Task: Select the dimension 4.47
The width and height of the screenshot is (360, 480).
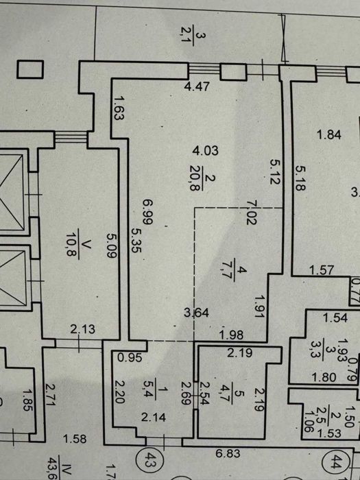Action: coord(197,86)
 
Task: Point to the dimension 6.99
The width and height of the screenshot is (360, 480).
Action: coord(147,211)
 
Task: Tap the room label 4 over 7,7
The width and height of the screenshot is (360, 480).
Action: coord(234,269)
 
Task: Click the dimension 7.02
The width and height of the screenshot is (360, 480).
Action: coord(252,212)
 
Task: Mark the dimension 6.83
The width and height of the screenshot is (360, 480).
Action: coord(228,453)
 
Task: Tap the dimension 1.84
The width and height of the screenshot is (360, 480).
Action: coord(329,134)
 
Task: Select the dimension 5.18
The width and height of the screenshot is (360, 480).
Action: coord(300,178)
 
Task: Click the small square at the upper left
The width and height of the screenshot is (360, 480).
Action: coord(30,69)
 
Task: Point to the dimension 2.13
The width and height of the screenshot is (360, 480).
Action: coord(83,329)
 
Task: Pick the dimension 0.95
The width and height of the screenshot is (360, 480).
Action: coord(130,357)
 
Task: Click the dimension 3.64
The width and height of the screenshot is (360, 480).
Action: coord(197,313)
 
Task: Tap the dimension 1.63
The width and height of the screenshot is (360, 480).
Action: coord(119,108)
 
